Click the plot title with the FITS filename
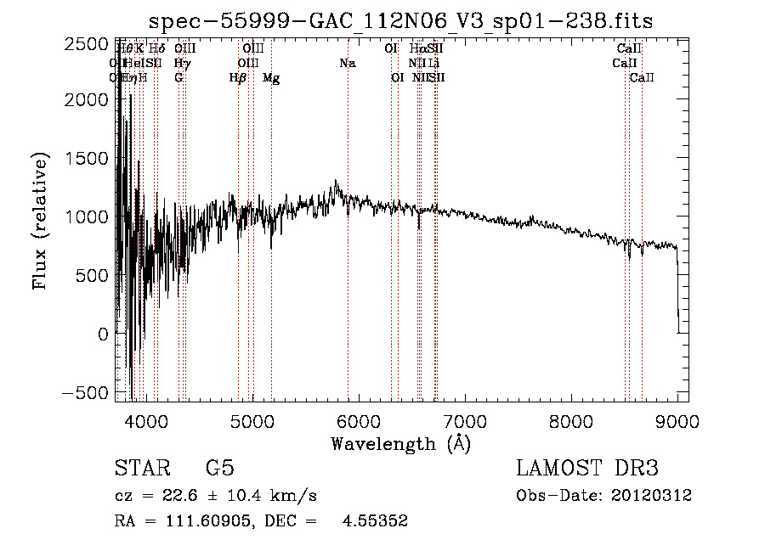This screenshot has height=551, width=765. pyautogui.click(x=400, y=22)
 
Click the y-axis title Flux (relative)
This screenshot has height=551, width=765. pyautogui.click(x=40, y=221)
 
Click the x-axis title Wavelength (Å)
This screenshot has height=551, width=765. pyautogui.click(x=400, y=443)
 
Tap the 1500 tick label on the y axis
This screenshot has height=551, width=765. pyautogui.click(x=89, y=159)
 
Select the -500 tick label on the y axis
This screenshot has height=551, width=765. pyautogui.click(x=89, y=393)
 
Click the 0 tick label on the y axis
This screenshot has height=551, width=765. pyautogui.click(x=104, y=335)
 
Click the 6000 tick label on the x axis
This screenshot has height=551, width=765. pyautogui.click(x=359, y=420)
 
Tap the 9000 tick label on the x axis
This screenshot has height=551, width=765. pyautogui.click(x=677, y=420)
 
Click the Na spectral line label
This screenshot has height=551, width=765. pyautogui.click(x=347, y=64)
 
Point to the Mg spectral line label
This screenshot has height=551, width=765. pyautogui.click(x=271, y=78)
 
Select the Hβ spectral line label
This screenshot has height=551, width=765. pyautogui.click(x=238, y=78)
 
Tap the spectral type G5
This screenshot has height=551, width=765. pyautogui.click(x=220, y=469)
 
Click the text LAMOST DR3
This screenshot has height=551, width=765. pyautogui.click(x=587, y=469)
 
